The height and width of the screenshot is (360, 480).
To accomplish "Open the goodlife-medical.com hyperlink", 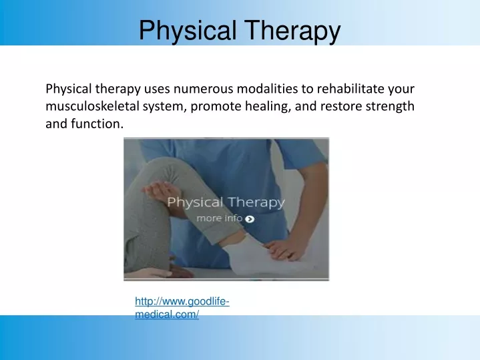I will (x=182, y=309).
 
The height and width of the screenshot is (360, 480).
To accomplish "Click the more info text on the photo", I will (x=219, y=218).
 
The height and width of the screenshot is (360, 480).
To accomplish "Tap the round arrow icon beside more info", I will (x=250, y=218).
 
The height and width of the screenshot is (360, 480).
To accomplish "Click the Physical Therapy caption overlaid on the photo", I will (x=226, y=202).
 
